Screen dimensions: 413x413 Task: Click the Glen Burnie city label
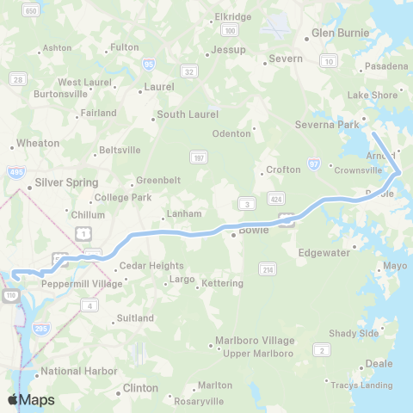pos(340,33)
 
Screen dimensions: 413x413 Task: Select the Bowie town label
pos(254,230)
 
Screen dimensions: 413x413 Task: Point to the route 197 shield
pos(197,156)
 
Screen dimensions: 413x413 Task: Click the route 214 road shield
pos(268,270)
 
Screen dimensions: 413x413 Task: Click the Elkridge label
pos(232,16)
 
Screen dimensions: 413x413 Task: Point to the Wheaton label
pos(39,143)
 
